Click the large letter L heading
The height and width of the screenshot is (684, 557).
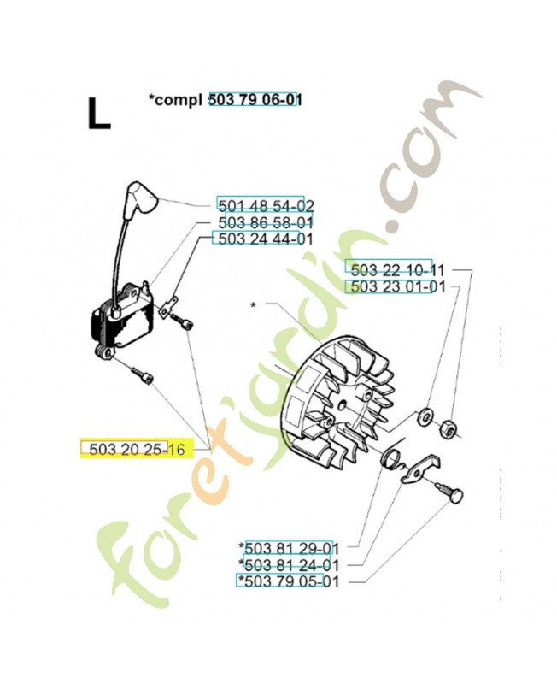[99, 114]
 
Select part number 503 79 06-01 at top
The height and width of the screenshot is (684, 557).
[255, 100]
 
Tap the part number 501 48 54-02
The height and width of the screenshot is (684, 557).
[266, 205]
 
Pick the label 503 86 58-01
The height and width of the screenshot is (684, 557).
[266, 222]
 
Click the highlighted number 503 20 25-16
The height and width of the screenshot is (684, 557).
[137, 449]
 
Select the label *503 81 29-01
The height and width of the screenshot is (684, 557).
[289, 547]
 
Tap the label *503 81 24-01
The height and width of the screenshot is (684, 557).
[289, 565]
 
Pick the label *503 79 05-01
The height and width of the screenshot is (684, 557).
[289, 581]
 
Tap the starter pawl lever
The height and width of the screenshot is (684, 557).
[420, 468]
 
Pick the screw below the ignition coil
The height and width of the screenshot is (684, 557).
[143, 376]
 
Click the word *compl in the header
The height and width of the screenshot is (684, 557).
[175, 101]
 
